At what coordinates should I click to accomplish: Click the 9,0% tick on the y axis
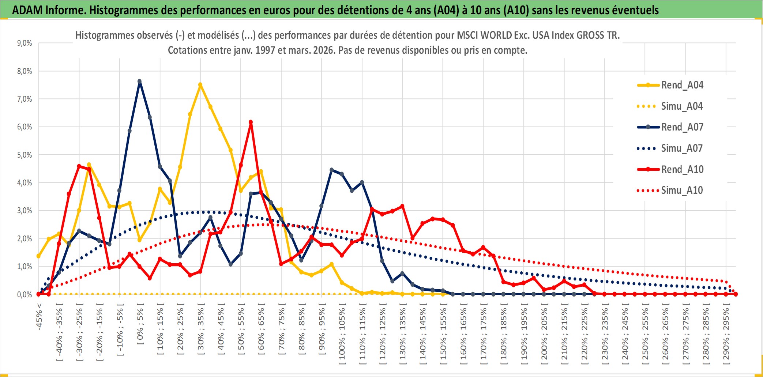25,43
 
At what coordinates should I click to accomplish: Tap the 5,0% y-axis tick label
25,155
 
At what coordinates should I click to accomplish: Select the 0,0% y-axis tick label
25,295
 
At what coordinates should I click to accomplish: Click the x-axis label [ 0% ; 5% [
140,324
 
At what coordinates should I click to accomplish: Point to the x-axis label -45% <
39,317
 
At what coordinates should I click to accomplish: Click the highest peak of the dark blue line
139,82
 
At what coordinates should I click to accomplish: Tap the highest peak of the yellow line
200,85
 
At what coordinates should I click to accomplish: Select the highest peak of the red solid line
251,122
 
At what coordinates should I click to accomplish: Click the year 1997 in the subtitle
265,50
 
